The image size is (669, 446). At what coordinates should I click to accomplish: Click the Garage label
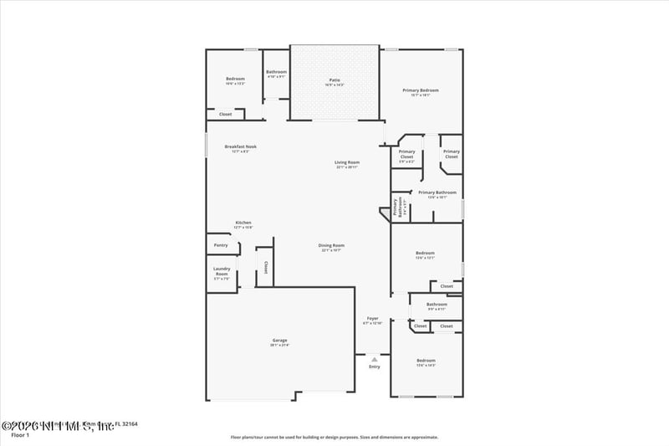point(279,340)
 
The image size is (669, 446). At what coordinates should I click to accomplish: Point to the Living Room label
point(347,162)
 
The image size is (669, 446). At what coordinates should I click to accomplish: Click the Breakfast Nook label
point(240,146)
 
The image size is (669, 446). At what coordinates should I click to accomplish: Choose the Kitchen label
point(243,223)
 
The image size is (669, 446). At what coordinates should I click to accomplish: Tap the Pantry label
point(221,245)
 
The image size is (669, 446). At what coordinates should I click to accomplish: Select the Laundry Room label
point(222,271)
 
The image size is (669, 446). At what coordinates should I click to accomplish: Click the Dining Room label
point(331,246)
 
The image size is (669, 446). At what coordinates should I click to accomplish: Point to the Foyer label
point(372,318)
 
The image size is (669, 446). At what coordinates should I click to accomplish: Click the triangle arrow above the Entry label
point(374,359)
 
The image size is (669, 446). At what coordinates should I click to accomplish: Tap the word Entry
point(374,367)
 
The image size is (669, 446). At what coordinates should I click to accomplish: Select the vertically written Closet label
point(265,268)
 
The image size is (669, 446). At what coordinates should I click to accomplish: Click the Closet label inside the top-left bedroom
point(225,114)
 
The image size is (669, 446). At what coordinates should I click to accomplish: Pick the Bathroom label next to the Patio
point(276,72)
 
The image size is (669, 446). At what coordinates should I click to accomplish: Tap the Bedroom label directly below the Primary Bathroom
point(425,253)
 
